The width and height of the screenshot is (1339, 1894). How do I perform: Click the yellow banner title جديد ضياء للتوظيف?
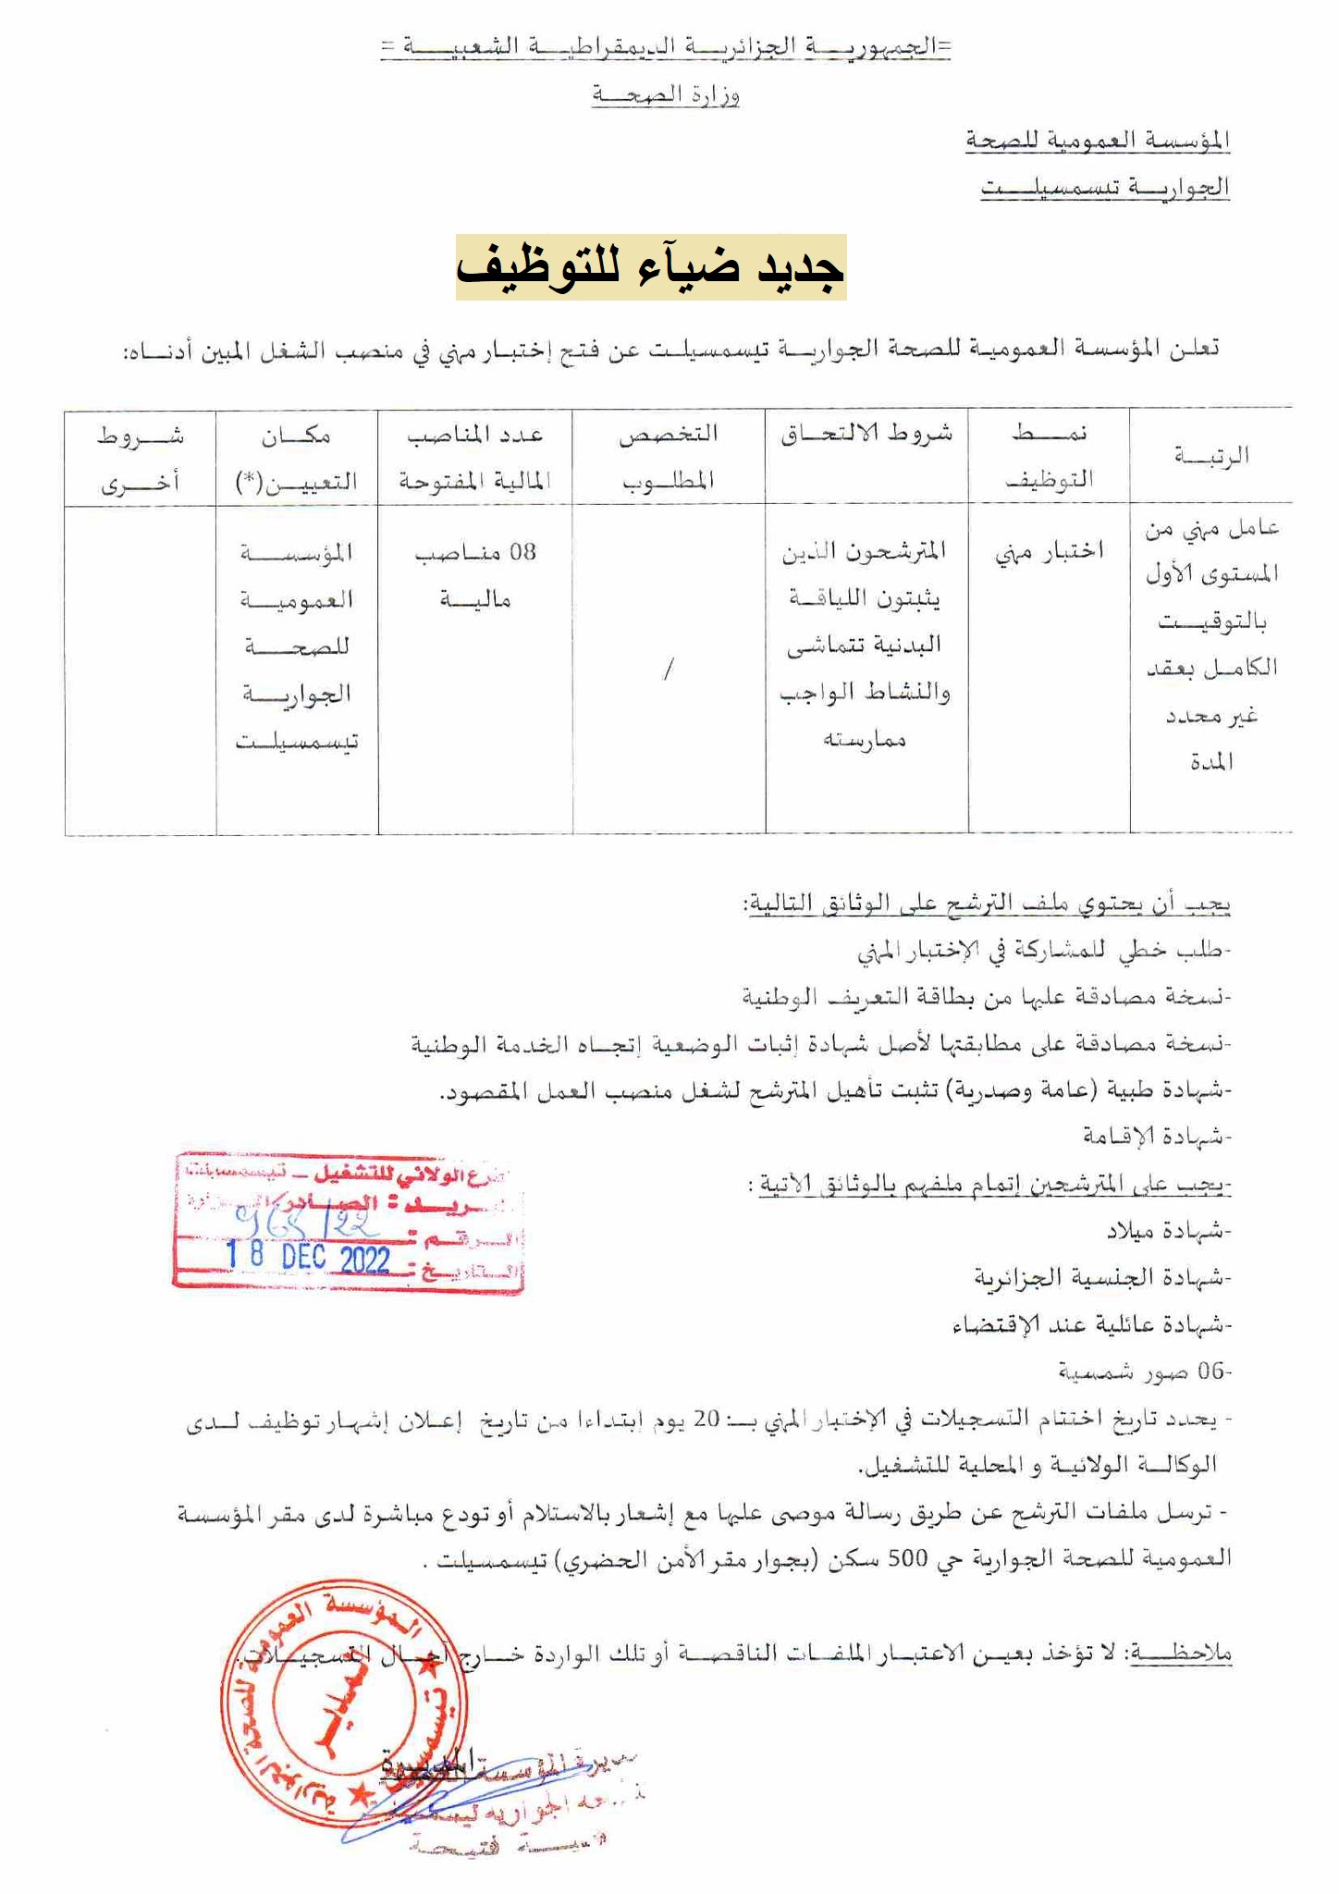click(x=650, y=267)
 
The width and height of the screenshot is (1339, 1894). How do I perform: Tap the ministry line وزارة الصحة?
click(x=665, y=94)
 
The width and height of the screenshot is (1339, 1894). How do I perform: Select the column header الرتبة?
click(x=1210, y=455)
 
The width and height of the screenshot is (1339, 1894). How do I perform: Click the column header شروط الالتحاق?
click(x=866, y=435)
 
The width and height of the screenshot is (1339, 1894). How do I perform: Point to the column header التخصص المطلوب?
click(x=668, y=457)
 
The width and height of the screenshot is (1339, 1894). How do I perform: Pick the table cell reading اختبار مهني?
click(x=1049, y=551)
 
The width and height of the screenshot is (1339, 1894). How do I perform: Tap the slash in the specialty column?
click(x=668, y=669)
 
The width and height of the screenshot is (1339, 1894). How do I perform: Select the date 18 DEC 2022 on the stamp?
click(x=309, y=1258)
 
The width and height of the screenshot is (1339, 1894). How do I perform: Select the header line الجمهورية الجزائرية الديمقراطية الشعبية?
click(x=665, y=47)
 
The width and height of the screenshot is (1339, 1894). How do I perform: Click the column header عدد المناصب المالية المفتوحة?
click(x=474, y=457)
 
